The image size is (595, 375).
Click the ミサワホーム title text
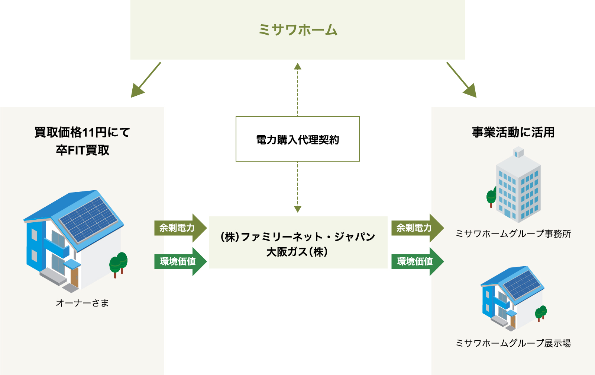298,29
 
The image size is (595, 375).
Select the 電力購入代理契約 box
297,139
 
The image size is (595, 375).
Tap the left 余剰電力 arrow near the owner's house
180,228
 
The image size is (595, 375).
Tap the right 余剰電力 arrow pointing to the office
418,228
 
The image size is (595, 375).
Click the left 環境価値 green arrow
180,261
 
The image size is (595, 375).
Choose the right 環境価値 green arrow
418,261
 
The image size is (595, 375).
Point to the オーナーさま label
83,303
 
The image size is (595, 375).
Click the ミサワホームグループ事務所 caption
513,233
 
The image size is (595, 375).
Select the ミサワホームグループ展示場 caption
513,343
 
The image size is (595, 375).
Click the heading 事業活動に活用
513,132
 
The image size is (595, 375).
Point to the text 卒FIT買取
83,150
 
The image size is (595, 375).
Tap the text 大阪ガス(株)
297,252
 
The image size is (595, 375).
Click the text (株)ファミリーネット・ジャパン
297,236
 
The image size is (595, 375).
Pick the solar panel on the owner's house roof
88,220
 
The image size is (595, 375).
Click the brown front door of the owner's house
75,277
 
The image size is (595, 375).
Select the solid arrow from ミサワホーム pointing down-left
146,80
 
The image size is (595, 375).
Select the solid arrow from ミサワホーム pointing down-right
462,80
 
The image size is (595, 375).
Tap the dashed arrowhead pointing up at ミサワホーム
297,66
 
